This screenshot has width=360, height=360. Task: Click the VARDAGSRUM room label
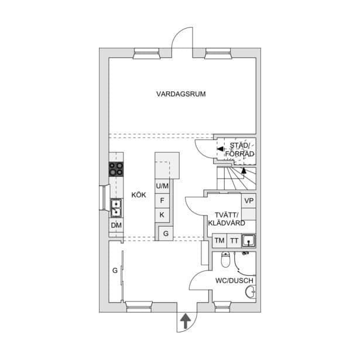[181, 94]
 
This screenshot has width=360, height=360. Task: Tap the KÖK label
[139, 195]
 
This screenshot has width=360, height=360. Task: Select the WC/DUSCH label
[234, 280]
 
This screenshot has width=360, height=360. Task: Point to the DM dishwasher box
[116, 225]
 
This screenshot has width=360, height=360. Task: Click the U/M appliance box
[162, 186]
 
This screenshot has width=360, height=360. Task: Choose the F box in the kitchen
[162, 201]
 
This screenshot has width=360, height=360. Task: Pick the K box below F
[162, 215]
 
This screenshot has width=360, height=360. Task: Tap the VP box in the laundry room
[249, 201]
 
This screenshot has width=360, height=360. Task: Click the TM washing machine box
[220, 241]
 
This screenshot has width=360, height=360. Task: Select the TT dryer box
[234, 241]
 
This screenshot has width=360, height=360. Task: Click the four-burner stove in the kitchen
[116, 169]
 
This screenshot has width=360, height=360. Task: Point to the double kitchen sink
[116, 208]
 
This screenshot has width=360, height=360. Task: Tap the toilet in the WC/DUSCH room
[226, 259]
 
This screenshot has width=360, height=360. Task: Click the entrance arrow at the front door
[186, 321]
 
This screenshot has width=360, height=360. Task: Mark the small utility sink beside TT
[248, 241]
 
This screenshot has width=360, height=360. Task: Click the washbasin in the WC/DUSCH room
[251, 292]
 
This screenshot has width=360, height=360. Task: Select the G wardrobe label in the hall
[115, 270]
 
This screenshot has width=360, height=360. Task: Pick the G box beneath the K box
[166, 234]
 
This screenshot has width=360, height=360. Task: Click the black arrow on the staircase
[244, 170]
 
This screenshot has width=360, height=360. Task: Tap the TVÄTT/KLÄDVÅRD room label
[227, 219]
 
